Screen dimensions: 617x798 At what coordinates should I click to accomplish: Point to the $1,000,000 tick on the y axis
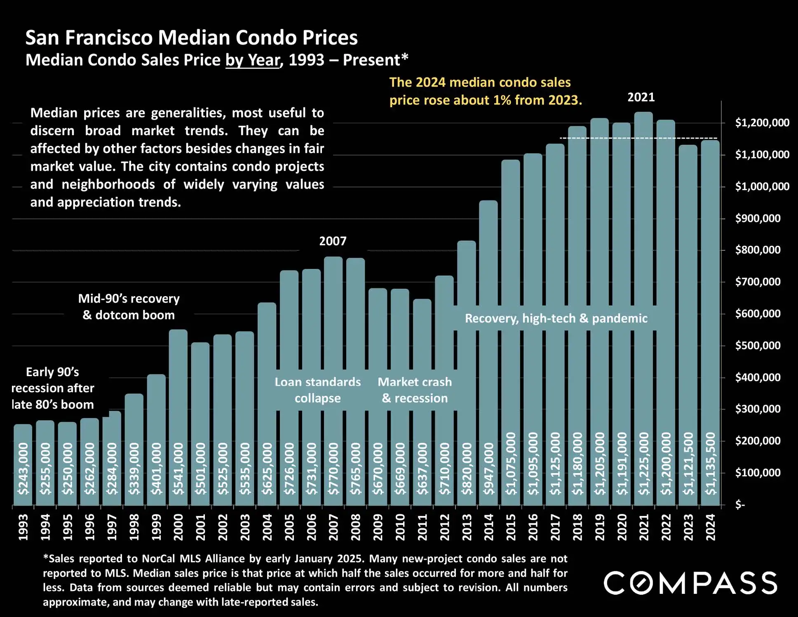(x=762, y=186)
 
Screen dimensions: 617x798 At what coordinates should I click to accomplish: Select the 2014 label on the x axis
(x=489, y=527)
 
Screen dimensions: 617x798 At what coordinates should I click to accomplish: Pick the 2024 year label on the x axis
(x=711, y=527)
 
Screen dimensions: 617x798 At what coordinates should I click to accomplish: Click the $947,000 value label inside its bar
(x=489, y=469)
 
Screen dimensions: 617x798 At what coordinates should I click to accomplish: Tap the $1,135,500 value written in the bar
(x=711, y=464)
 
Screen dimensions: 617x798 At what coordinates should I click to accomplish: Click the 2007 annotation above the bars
(x=333, y=241)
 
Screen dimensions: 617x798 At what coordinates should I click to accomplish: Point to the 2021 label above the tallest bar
(x=641, y=97)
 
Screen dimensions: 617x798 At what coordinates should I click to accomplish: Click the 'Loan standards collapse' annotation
(x=317, y=390)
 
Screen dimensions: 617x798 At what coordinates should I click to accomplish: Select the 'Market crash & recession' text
(x=415, y=390)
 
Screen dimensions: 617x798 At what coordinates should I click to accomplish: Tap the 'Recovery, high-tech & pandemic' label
(x=556, y=318)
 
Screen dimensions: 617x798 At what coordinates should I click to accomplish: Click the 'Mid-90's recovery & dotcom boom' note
(x=129, y=307)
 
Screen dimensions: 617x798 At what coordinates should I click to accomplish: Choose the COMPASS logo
(x=690, y=583)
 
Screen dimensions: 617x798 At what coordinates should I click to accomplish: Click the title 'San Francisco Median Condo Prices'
(x=192, y=38)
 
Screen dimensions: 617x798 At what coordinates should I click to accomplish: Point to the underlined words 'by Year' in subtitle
(x=252, y=60)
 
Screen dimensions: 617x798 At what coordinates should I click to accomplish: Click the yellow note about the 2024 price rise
(x=485, y=91)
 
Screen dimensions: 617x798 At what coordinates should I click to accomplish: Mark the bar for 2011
(x=422, y=402)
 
